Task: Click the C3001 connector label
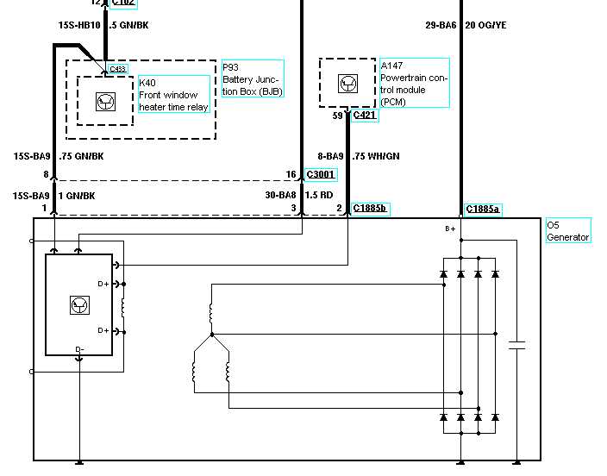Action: click(320, 174)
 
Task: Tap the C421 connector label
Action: click(365, 114)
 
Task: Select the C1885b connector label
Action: click(370, 209)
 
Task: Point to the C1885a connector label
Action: click(483, 209)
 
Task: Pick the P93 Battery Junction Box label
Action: click(253, 78)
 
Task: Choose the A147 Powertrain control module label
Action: click(414, 83)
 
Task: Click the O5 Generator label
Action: click(568, 231)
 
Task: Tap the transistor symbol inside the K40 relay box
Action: click(105, 100)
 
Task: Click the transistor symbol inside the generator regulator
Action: click(79, 304)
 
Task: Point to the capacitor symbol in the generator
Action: click(517, 346)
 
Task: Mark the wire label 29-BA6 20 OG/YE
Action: click(466, 25)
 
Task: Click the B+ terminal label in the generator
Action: click(449, 229)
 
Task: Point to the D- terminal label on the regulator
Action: click(79, 348)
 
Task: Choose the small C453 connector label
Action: click(117, 69)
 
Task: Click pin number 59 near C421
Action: click(337, 114)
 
